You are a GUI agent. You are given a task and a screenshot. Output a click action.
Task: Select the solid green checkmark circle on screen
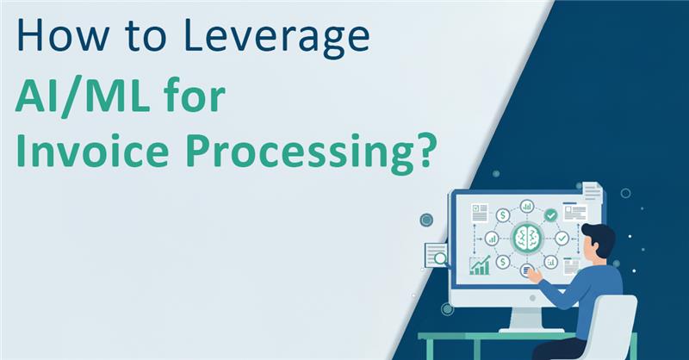[549, 214]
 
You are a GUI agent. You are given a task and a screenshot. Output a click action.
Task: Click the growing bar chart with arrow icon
[480, 264]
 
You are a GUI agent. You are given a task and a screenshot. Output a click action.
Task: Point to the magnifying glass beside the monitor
[440, 257]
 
